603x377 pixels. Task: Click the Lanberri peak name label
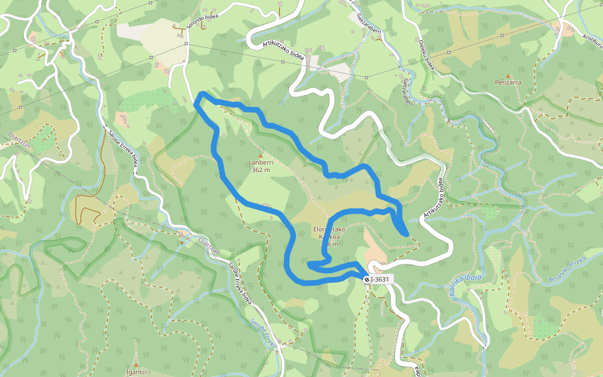260,163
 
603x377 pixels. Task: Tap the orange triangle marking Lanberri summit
260,155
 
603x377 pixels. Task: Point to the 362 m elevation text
260,170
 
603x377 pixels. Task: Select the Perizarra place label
509,82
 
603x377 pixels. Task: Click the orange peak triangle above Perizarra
509,75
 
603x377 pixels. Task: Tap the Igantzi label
136,371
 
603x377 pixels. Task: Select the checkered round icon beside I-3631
367,279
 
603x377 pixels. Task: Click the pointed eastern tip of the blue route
407,235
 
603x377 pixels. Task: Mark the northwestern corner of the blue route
200,94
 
